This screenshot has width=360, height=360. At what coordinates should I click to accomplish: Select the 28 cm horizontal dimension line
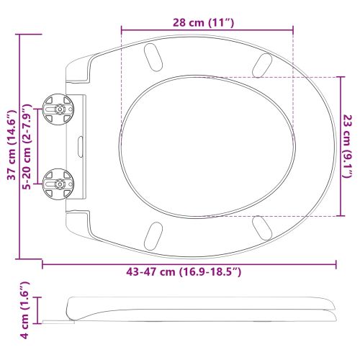pyautogui.click(x=207, y=30)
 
